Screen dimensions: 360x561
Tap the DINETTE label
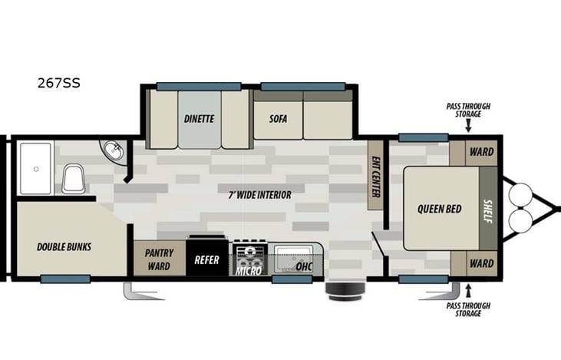point(199,119)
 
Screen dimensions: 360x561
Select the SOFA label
point(278,119)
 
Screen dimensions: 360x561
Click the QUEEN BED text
point(439,209)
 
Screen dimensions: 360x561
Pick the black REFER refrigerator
point(206,259)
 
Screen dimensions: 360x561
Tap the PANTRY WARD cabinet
point(159,259)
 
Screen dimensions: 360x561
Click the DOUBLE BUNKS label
point(64,247)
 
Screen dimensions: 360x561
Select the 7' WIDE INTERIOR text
point(259,195)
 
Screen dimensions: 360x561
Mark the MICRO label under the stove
point(248,270)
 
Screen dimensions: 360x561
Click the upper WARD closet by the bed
point(481,151)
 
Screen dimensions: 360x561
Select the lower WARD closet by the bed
point(481,263)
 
